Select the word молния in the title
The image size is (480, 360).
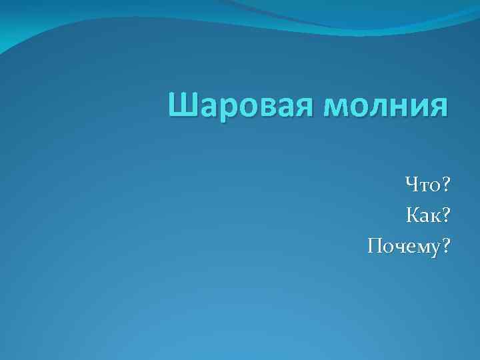coord(386,107)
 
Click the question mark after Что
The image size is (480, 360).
coord(446,181)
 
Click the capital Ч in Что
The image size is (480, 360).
coord(411,181)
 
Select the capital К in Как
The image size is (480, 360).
coord(413,215)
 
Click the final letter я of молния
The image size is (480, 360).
coord(437,109)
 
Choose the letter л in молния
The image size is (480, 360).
coord(377,109)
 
